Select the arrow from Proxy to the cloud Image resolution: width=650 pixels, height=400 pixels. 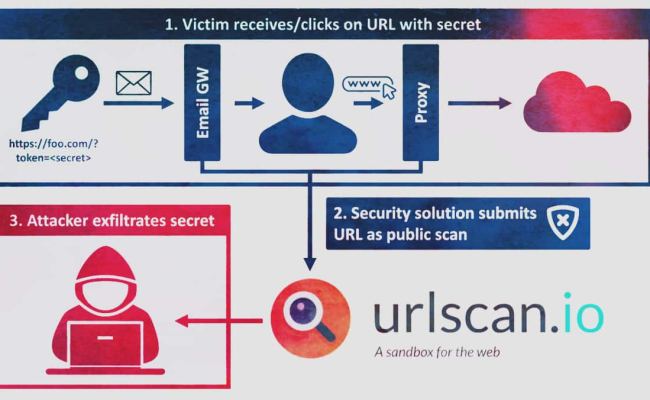479,103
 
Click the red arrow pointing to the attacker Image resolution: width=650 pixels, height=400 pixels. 219,320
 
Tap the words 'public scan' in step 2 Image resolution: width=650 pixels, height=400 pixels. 440,236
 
